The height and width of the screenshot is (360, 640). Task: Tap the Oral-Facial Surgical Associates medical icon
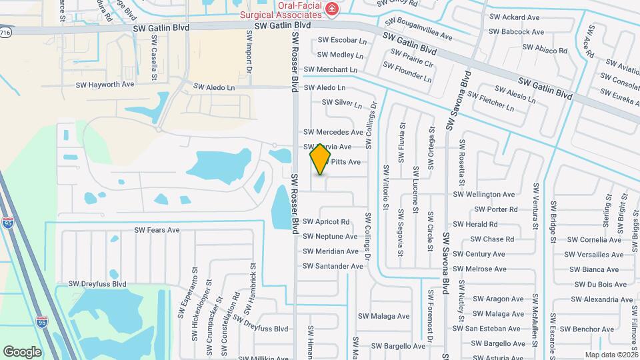tap(331, 9)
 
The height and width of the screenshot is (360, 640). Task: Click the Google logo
tap(22, 352)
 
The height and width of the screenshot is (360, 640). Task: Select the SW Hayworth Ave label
tap(105, 85)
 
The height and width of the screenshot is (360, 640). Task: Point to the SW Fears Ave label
tap(157, 230)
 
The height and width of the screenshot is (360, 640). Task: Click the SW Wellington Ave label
tap(484, 195)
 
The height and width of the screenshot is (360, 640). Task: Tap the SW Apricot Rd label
tap(326, 221)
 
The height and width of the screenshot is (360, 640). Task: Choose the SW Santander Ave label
tap(333, 266)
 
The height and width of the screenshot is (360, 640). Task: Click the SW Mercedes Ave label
tap(333, 132)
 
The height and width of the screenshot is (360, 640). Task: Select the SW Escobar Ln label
tap(342, 41)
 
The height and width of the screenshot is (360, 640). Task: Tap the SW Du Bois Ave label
tap(600, 284)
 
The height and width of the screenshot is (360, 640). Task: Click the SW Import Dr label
tap(249, 51)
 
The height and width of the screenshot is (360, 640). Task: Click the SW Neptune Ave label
tap(330, 237)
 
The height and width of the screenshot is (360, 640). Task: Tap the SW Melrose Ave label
tap(479, 269)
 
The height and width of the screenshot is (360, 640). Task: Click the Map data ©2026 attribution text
tap(611, 355)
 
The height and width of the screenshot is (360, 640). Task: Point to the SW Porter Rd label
tap(493, 209)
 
